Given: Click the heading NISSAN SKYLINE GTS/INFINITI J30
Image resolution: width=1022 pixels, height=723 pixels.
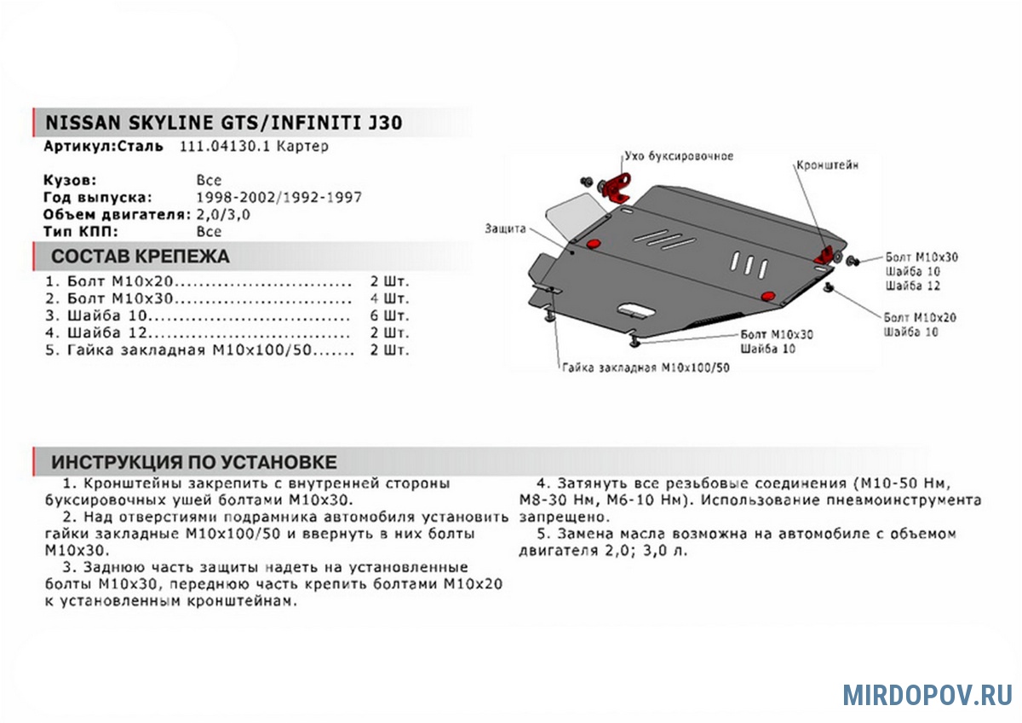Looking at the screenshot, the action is point(224,123).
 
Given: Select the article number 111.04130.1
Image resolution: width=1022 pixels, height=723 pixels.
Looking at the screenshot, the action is point(225,146).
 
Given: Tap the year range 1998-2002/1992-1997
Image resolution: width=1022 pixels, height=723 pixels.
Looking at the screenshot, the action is point(278,197).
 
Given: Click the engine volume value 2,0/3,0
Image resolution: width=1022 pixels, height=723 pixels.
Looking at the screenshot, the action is point(223,215).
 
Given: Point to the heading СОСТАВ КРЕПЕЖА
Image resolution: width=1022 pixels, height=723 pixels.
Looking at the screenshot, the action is point(140,257).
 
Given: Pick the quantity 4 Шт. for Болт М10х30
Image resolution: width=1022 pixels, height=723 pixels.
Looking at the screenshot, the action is point(390,298).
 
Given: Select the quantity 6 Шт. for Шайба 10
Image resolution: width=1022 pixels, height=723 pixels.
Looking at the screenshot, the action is point(390,315).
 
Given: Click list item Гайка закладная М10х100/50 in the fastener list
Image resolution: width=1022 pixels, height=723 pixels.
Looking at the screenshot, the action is point(189,350).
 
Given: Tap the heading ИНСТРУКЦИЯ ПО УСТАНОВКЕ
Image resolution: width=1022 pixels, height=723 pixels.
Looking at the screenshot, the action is point(194,462).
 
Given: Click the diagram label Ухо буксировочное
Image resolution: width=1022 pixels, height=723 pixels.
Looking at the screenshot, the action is point(679,156).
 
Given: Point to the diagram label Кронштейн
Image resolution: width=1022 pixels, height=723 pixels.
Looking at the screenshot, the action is point(827,165).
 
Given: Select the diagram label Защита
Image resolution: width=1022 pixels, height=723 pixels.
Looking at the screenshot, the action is point(505,228).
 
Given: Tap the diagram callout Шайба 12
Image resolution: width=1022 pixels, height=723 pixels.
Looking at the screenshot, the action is point(913,286).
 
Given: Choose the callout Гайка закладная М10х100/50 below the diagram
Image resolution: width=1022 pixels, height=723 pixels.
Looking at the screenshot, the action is point(646,367).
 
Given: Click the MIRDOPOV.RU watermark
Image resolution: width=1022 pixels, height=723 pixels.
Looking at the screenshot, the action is point(927,695).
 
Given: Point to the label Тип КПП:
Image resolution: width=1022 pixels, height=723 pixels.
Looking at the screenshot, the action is point(81,232).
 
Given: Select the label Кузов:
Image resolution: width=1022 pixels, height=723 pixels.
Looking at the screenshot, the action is point(70,181).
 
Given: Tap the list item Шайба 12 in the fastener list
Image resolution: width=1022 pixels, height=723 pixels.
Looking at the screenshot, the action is point(107,333).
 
